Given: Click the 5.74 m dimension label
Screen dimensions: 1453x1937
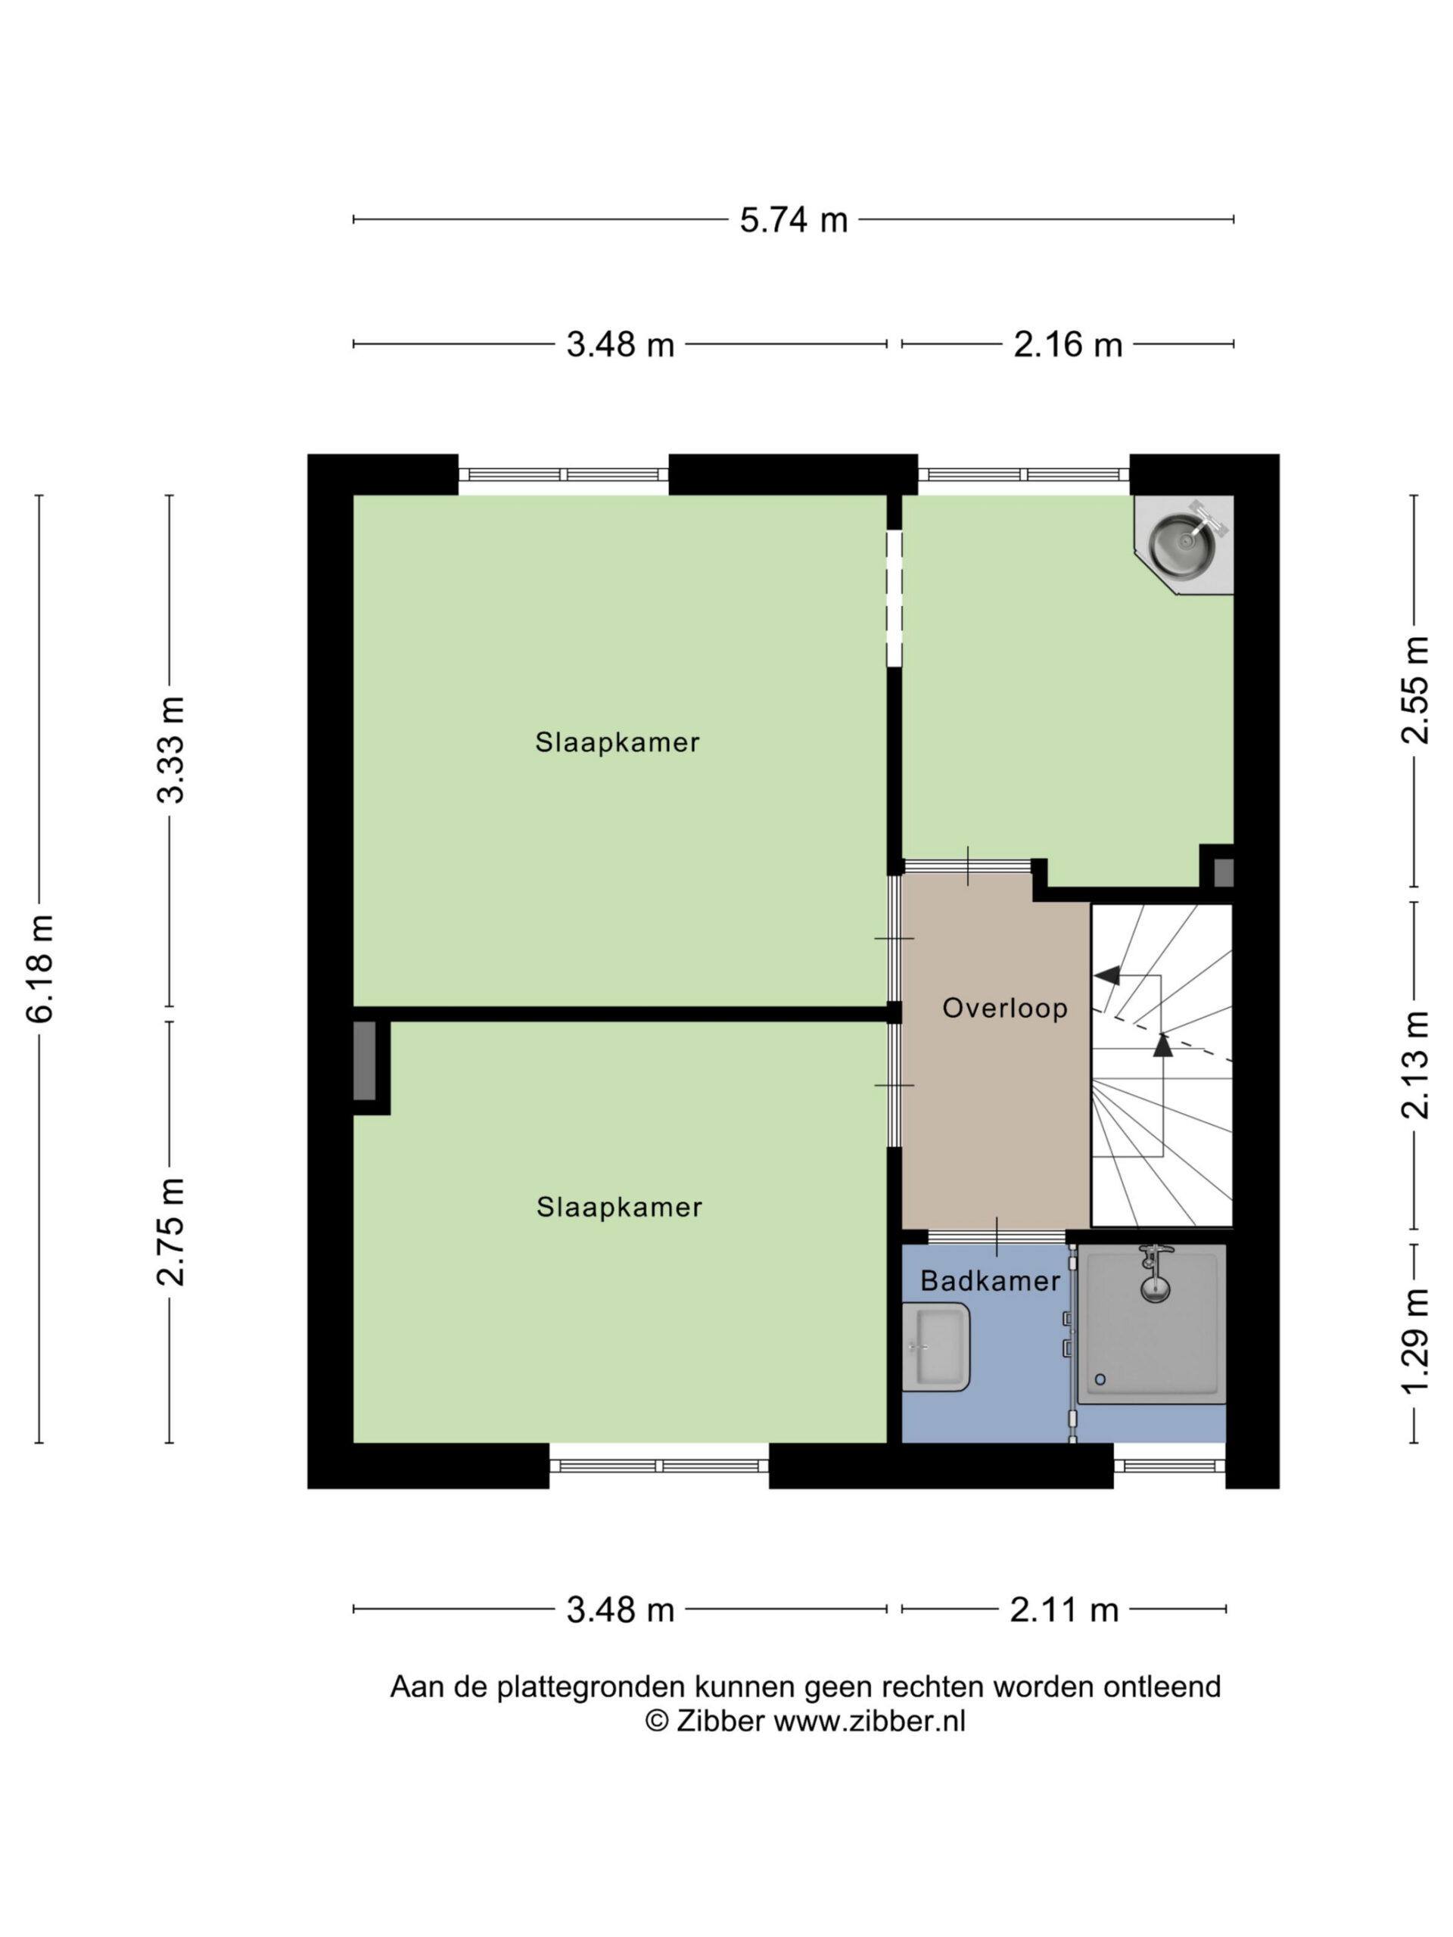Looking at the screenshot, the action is pos(794,219).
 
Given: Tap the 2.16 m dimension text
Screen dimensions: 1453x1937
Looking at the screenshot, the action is pos(1068,344).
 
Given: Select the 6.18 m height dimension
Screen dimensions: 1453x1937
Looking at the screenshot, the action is pos(40,968).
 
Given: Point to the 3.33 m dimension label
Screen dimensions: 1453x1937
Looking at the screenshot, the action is pos(171,751).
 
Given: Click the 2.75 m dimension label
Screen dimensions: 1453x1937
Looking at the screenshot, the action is pos(171,1232).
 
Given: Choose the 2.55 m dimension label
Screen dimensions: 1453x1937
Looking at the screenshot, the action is pos(1415,691).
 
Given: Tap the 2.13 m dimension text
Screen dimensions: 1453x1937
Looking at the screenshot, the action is pos(1415,1065).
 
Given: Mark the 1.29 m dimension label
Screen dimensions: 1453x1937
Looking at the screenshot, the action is pos(1415,1341).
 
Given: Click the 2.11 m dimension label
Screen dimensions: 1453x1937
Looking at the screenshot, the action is pos(1064,1609).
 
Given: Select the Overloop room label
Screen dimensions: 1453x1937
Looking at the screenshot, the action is pos(1004,1008).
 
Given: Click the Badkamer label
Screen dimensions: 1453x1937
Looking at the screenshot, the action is pos(991,1281).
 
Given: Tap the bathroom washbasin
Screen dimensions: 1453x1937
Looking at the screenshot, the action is pos(935,1347).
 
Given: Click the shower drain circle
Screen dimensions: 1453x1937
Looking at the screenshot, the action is pos(1100,1379).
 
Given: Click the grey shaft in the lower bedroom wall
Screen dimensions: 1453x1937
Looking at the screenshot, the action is pos(364,1061).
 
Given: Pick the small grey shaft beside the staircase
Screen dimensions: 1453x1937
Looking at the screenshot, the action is pos(1223,872).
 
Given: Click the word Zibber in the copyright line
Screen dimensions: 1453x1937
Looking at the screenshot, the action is pos(720,1721).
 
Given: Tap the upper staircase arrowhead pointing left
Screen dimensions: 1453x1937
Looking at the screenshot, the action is pos(1107,975).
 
